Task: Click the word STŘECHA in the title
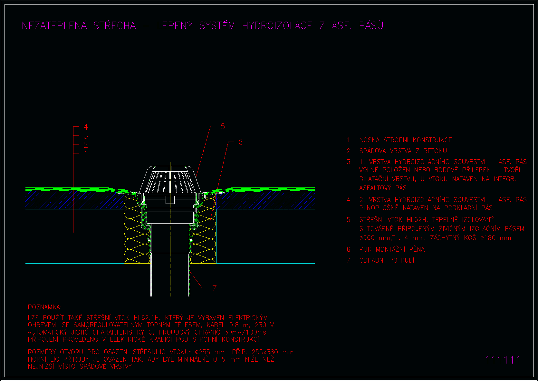[115, 25]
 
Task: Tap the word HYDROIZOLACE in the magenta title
[277, 25]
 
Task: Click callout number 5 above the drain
[223, 126]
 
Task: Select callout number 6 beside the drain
[240, 142]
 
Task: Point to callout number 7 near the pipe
[215, 288]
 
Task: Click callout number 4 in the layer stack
[86, 126]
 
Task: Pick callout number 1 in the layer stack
[85, 154]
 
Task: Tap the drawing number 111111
[503, 360]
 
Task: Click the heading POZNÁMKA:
[45, 307]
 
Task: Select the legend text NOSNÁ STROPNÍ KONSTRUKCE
[406, 140]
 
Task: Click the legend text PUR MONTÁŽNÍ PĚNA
[392, 249]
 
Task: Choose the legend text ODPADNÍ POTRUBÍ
[387, 260]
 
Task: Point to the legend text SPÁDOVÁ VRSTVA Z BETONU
[403, 151]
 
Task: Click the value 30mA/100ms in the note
[245, 332]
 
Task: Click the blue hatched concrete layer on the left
[74, 200]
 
